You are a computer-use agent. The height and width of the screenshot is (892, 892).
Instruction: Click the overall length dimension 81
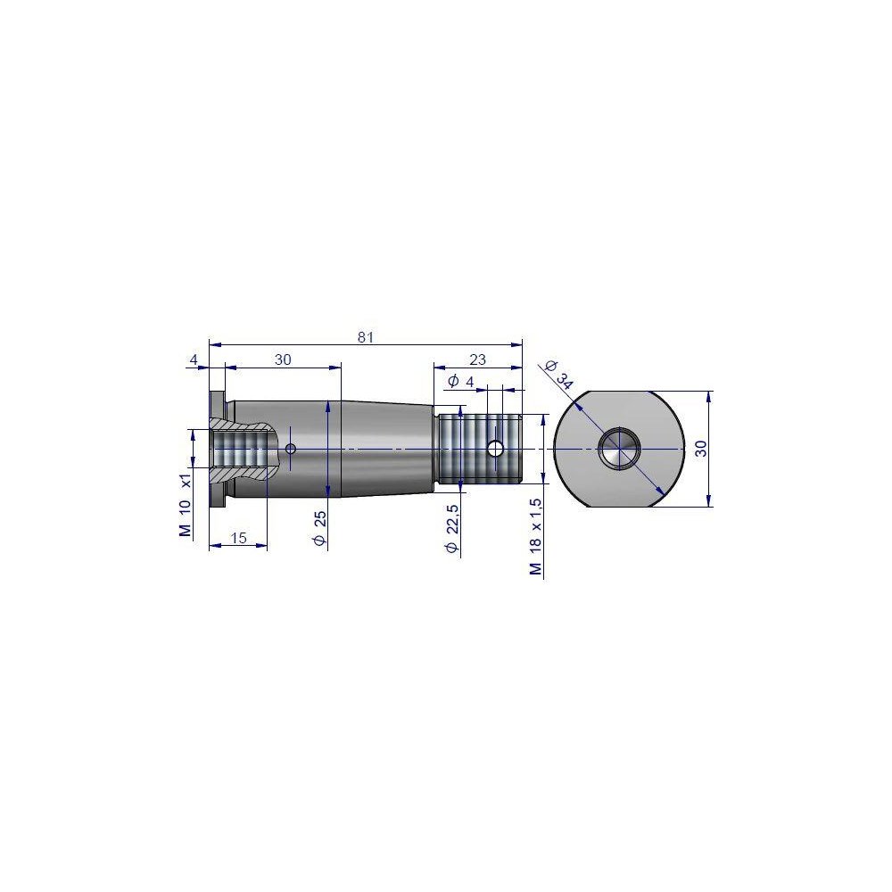(x=366, y=337)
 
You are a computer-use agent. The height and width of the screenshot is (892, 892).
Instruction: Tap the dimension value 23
(x=478, y=359)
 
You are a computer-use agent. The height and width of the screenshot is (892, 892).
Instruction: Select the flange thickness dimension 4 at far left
(x=194, y=359)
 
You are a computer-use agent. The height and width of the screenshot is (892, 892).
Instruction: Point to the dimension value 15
(x=239, y=538)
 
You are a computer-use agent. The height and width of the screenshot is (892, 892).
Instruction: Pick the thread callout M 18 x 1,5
(x=536, y=537)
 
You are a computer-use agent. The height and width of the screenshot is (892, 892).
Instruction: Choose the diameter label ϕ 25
(x=320, y=528)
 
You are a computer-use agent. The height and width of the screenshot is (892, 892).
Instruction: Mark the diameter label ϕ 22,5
(x=452, y=528)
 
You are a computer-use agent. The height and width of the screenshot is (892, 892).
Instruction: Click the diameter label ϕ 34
(x=558, y=375)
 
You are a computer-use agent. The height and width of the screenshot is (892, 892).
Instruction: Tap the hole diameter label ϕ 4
(x=461, y=382)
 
